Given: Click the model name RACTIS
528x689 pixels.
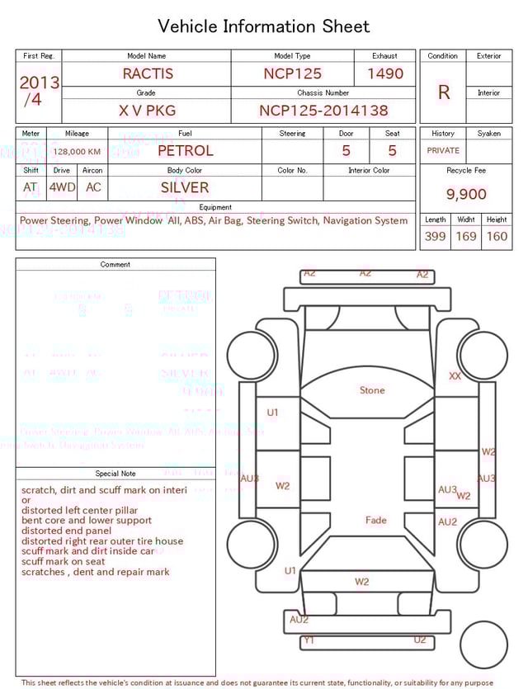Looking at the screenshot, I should tap(148, 73).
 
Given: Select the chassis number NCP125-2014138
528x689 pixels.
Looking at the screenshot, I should tap(323, 111).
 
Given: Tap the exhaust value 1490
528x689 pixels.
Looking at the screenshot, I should tap(385, 73).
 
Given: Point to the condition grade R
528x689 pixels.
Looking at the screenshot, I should tap(444, 92).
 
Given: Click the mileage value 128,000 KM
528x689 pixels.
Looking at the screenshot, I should tap(77, 152).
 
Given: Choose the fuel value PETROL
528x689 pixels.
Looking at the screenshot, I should tap(185, 151).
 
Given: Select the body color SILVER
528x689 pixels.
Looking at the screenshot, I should tap(185, 187).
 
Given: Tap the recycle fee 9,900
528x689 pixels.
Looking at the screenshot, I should tap(466, 195).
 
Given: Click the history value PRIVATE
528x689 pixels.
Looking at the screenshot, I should tap(443, 151).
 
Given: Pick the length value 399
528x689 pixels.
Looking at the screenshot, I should tap(435, 237).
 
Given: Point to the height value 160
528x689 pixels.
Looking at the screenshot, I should tap(497, 237).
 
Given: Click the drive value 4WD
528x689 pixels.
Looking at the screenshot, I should tap(62, 187).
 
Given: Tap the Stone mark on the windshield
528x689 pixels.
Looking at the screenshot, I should tap(372, 390).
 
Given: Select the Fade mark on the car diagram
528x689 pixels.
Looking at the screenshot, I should tap(376, 521).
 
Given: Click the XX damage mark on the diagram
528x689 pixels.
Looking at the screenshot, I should tap(455, 376).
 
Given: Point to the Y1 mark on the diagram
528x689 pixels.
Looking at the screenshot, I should tap(309, 639).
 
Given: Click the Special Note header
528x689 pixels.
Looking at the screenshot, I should tap(115, 474).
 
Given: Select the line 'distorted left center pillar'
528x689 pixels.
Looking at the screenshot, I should tap(80, 511).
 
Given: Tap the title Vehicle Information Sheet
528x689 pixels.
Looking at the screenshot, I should tap(264, 26).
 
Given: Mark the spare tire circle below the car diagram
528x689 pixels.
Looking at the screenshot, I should tap(483, 644).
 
